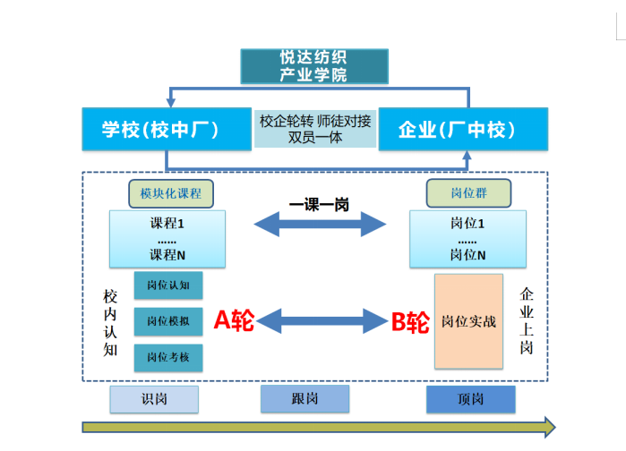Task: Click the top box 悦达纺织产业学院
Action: [x=314, y=66]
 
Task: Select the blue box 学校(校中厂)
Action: [x=167, y=129]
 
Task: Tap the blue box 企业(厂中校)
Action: [x=463, y=129]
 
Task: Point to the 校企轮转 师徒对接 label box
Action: [x=315, y=129]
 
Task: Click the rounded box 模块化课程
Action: [x=171, y=193]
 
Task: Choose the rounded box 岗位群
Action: [x=468, y=193]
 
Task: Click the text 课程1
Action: [x=167, y=224]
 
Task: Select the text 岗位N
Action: [x=467, y=254]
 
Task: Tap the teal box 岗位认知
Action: [x=168, y=285]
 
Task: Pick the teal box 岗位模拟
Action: [x=168, y=321]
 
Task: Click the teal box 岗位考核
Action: [x=168, y=357]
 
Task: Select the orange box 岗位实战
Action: [x=468, y=321]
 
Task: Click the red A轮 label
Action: [x=234, y=320]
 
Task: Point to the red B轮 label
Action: [x=410, y=322]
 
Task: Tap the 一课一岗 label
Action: [x=319, y=205]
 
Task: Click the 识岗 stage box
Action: [x=154, y=399]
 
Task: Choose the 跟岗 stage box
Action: [x=305, y=398]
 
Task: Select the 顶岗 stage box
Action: [x=471, y=399]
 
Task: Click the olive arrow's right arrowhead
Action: [x=550, y=428]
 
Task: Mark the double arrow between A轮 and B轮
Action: [x=322, y=320]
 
